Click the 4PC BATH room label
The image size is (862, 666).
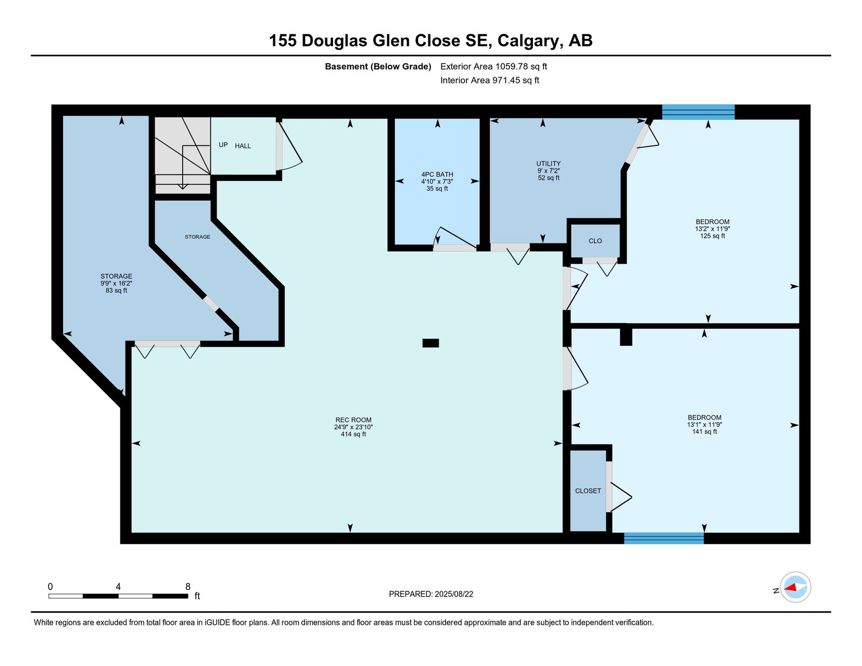[437, 175]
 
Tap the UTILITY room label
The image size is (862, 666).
[548, 163]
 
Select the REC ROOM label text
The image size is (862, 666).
[353, 420]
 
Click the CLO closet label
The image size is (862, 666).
[595, 241]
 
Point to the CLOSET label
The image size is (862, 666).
[588, 491]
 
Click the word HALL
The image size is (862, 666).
[243, 146]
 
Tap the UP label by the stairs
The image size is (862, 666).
[224, 145]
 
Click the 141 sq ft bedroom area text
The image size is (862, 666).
[705, 432]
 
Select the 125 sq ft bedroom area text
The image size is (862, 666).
[712, 236]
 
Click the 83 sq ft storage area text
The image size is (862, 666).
[116, 290]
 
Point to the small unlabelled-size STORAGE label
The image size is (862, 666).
[198, 237]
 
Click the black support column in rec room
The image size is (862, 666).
[430, 343]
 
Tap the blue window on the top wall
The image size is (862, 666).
[698, 112]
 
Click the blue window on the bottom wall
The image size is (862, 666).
[664, 538]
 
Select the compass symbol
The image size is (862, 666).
[795, 588]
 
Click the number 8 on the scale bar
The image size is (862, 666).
[187, 587]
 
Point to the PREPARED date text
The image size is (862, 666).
[431, 594]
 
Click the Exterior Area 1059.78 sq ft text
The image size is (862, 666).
[493, 67]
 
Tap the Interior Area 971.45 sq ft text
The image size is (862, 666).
[490, 80]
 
